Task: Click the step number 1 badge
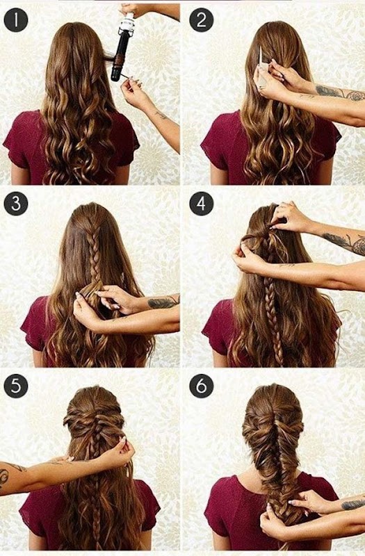(x=15, y=20)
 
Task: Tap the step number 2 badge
(x=201, y=20)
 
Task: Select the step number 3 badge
(x=15, y=204)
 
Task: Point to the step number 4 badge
(x=201, y=204)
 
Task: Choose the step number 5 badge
(x=15, y=386)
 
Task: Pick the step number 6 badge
(x=201, y=386)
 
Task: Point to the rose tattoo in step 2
(x=355, y=95)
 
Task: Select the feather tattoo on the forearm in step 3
(x=162, y=302)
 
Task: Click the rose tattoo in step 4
(x=357, y=245)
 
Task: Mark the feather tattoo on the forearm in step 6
(x=354, y=505)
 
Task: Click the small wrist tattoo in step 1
(x=161, y=115)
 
